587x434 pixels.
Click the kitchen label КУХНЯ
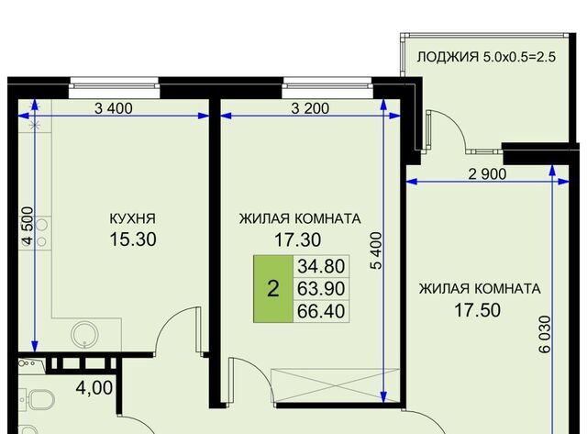pyautogui.click(x=132, y=218)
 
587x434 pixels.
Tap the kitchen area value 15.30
pyautogui.click(x=133, y=239)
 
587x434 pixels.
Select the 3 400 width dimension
pyautogui.click(x=114, y=108)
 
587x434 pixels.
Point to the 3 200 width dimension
pyautogui.click(x=310, y=108)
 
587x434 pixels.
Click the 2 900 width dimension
pyautogui.click(x=487, y=174)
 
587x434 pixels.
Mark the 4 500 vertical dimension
pyautogui.click(x=28, y=226)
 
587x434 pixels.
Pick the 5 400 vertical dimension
pyautogui.click(x=376, y=250)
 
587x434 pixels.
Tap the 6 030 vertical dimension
pyautogui.click(x=545, y=334)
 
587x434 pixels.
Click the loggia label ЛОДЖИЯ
pyautogui.click(x=448, y=57)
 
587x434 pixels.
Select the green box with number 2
pyautogui.click(x=273, y=289)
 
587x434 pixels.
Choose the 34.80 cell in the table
pyautogui.click(x=321, y=267)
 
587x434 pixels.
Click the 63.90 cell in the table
pyautogui.click(x=321, y=289)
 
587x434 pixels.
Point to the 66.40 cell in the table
pyautogui.click(x=321, y=311)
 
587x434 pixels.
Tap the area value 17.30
pyautogui.click(x=297, y=240)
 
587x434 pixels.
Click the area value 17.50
pyautogui.click(x=477, y=310)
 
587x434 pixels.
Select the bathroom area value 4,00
pyautogui.click(x=94, y=388)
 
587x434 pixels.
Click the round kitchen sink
pyautogui.click(x=85, y=335)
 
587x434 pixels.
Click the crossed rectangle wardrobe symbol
pyautogui.click(x=334, y=385)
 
